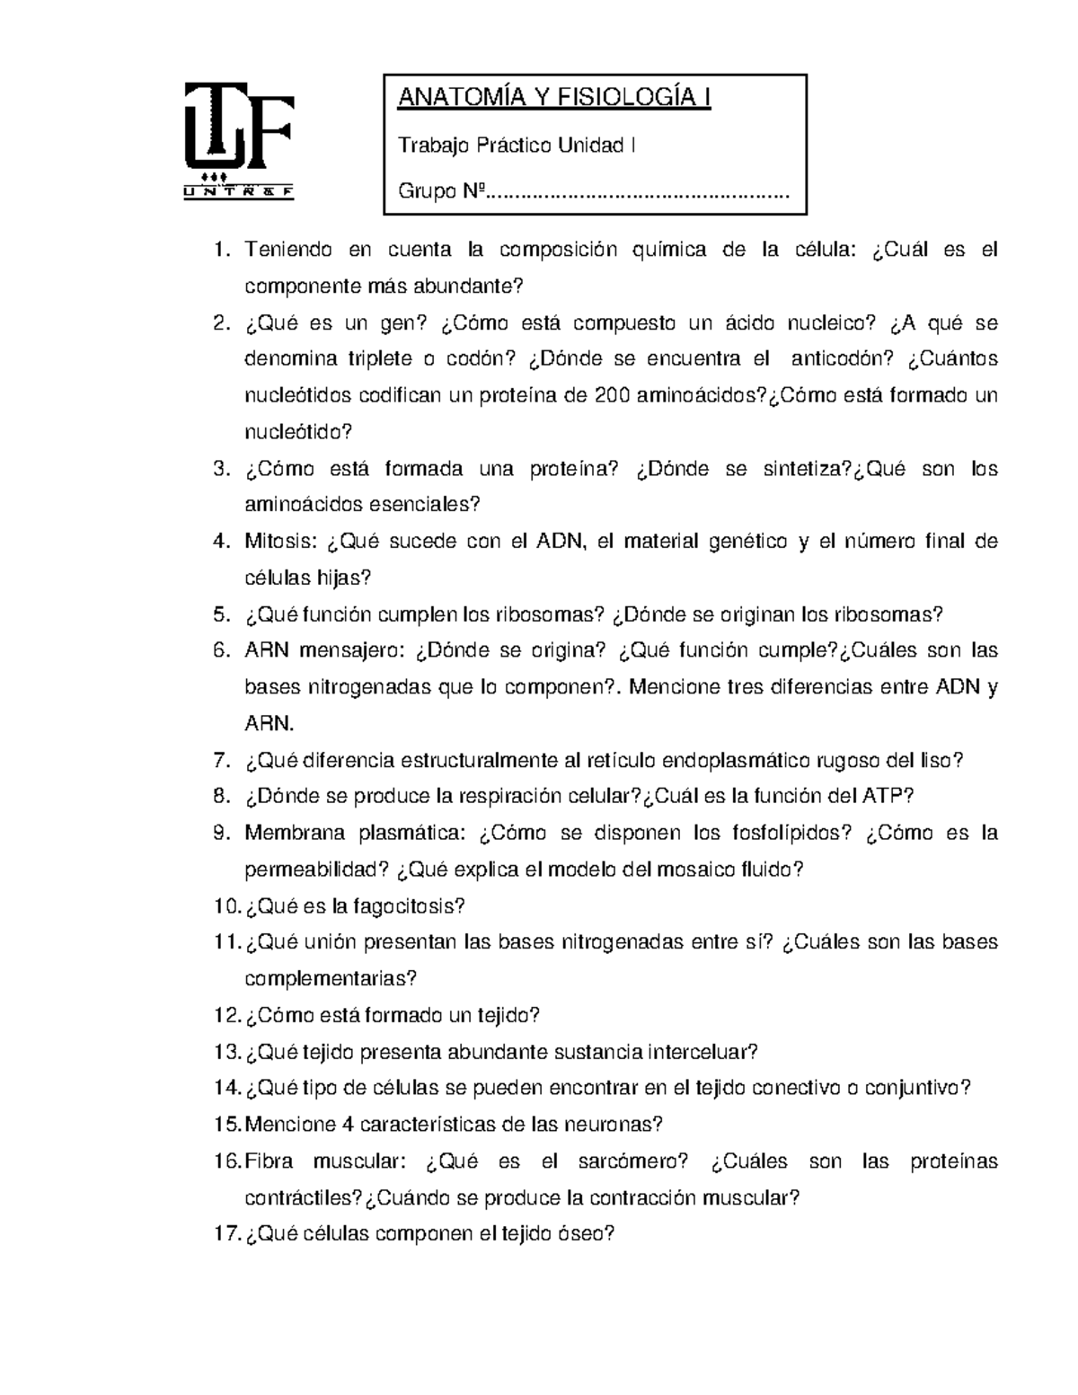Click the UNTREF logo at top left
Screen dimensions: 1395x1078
(x=238, y=139)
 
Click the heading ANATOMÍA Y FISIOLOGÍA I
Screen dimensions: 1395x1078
(x=554, y=97)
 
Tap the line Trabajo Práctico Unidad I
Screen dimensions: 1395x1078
(x=517, y=145)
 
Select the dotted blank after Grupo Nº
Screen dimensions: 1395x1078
(x=638, y=191)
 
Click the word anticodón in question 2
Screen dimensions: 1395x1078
(x=842, y=358)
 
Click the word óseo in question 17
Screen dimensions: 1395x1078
(x=590, y=1234)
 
